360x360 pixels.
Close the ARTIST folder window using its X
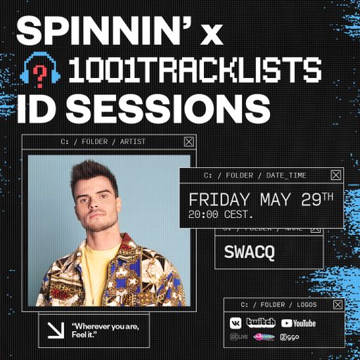click(188, 141)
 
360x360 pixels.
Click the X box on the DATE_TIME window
click(336, 175)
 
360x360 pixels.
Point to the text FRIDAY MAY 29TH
click(260, 200)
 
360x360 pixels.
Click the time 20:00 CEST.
click(220, 214)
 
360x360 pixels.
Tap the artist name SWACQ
click(243, 250)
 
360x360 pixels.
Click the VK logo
click(236, 323)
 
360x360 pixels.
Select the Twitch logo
click(261, 323)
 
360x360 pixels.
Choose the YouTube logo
click(298, 323)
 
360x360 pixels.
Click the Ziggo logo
click(290, 337)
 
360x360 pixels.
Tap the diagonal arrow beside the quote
click(54, 330)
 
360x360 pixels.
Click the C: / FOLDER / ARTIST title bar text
click(104, 141)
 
